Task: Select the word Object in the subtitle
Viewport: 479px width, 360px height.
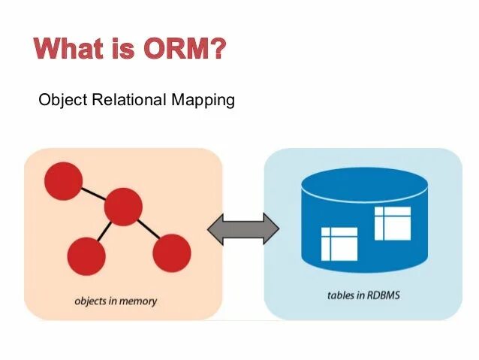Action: [x=62, y=100]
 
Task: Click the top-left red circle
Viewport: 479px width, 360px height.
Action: [x=62, y=181]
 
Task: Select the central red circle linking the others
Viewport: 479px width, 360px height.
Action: [x=123, y=207]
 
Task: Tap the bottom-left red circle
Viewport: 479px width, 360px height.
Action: [x=86, y=256]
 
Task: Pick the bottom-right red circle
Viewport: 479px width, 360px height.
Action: [x=172, y=253]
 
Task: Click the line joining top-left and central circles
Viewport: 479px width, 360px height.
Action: [x=92, y=194]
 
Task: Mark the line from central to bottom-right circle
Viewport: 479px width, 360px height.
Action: [x=148, y=230]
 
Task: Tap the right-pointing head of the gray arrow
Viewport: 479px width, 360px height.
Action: [x=271, y=229]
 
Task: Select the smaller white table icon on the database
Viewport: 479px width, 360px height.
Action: [x=339, y=244]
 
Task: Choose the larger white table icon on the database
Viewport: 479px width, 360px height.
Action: [x=392, y=223]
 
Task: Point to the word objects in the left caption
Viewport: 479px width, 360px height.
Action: [x=90, y=301]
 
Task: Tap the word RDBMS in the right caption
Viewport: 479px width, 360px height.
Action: [x=384, y=295]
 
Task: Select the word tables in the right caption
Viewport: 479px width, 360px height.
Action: [x=340, y=295]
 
